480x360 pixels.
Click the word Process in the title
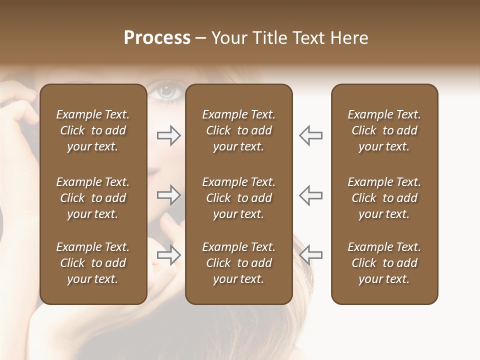[157, 38]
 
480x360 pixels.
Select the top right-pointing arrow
[169, 135]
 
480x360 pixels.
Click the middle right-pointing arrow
[169, 195]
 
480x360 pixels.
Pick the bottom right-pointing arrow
[169, 255]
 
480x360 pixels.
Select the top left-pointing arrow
[310, 135]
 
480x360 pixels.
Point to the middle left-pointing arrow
[310, 195]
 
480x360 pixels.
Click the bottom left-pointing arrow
[310, 255]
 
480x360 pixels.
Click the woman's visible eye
[166, 91]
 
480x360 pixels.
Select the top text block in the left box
[93, 130]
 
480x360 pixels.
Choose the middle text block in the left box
[93, 198]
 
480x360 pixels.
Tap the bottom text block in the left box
[93, 263]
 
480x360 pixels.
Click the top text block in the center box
[239, 130]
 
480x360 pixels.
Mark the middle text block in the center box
[239, 198]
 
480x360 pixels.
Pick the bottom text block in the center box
[239, 263]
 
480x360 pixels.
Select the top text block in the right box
[384, 130]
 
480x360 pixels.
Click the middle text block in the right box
[384, 198]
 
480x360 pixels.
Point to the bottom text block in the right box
[384, 263]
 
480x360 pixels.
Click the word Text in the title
[309, 38]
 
